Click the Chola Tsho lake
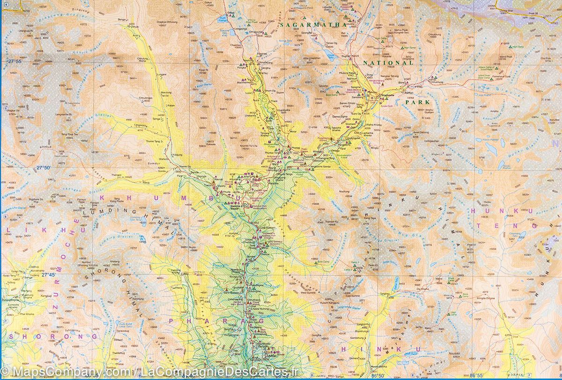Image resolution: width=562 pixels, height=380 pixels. (x=332, y=56)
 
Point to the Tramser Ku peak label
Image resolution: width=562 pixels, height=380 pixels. (x=333, y=222)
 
